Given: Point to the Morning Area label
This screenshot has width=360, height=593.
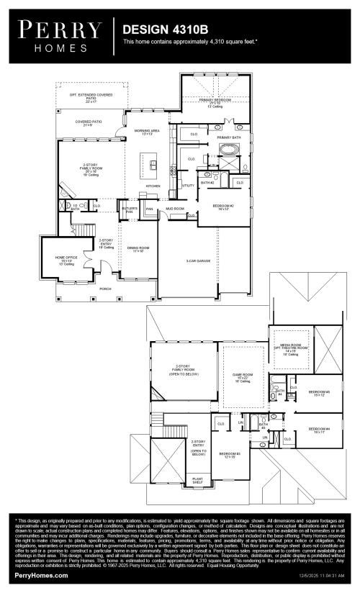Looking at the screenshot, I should pos(148,132).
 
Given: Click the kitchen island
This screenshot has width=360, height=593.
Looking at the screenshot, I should pos(153,167).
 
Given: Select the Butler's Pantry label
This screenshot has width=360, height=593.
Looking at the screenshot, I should pos(130,211).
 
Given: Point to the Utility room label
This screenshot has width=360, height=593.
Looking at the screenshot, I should pos(188,186).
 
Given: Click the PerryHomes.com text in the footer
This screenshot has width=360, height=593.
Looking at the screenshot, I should pos(42,576).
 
